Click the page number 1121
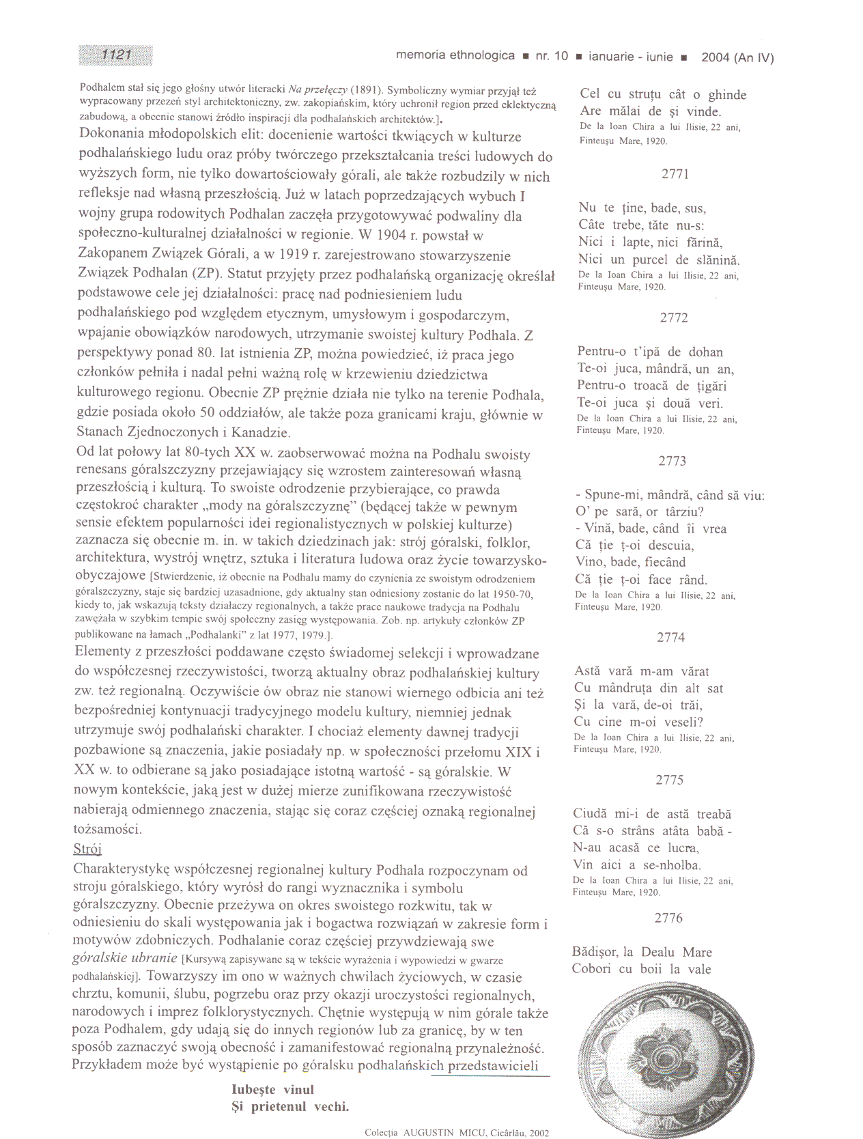click(116, 55)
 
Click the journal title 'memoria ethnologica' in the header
click(455, 56)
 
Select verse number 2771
click(675, 174)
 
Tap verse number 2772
click(674, 318)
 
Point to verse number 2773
click(673, 461)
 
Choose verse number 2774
click(671, 637)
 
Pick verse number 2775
click(670, 780)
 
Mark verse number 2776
click(668, 918)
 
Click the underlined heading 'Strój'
click(87, 849)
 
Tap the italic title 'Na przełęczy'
click(317, 89)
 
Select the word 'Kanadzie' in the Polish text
click(261, 432)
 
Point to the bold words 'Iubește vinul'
click(273, 1090)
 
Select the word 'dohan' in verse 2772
click(705, 352)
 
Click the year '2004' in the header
click(716, 57)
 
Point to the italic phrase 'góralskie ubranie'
click(124, 958)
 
